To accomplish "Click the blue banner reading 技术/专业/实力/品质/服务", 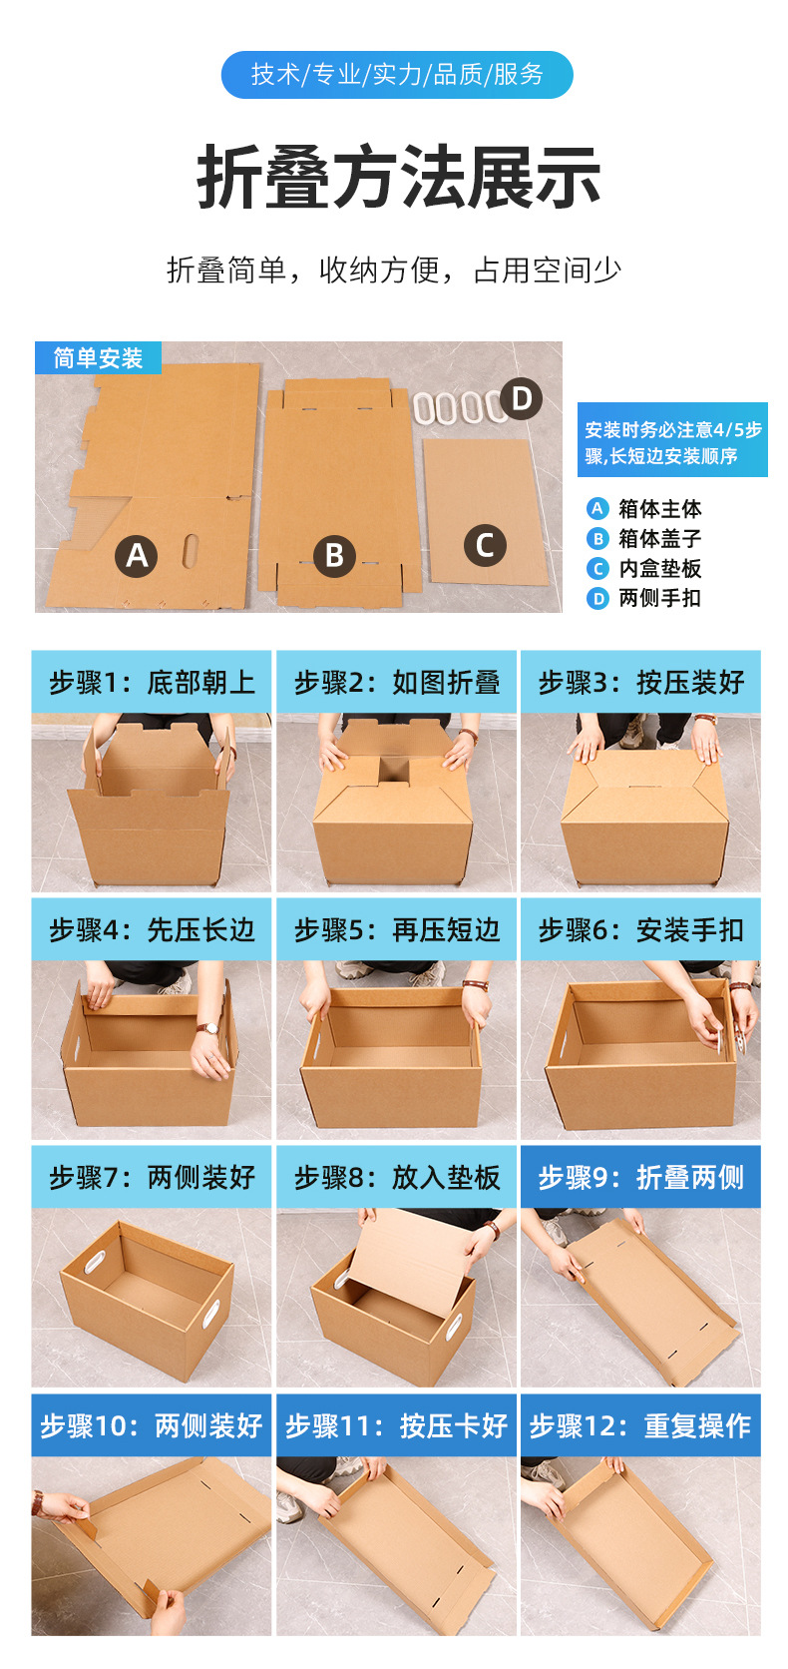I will [397, 75].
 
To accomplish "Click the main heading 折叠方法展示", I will [398, 178].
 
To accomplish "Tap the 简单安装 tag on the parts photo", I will [98, 357].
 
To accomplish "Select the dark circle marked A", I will [137, 555].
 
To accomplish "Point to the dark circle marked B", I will [334, 555].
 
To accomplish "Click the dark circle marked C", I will [485, 545].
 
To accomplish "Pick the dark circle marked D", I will [521, 398].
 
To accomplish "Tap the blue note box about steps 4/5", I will [672, 441].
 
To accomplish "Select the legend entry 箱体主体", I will [658, 509].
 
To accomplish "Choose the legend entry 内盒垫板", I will [658, 569].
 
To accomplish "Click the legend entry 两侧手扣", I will [658, 599].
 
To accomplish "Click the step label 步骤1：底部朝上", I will [152, 682].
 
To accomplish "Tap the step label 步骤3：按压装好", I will [640, 682].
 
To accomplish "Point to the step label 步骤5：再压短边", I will [396, 929].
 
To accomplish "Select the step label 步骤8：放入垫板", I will [396, 1177].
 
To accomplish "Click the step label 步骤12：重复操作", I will [640, 1424].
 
